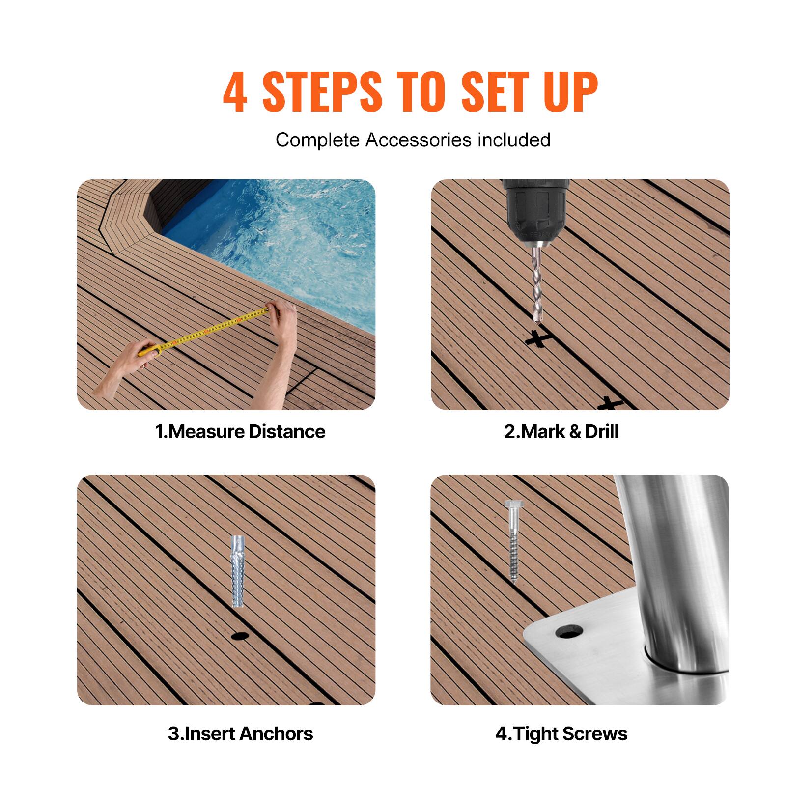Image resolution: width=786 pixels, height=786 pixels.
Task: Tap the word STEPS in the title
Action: tap(322, 92)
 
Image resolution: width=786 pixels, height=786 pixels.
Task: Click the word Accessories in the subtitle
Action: tap(412, 140)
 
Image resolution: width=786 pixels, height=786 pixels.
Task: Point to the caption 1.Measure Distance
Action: tap(240, 432)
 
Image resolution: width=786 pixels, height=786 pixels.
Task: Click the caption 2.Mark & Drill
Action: tap(561, 432)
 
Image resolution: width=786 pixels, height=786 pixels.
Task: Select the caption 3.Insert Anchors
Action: tap(240, 733)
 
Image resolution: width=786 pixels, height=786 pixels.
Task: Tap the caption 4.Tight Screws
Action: tap(561, 733)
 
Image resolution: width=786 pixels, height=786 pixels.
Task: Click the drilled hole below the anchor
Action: tap(239, 636)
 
